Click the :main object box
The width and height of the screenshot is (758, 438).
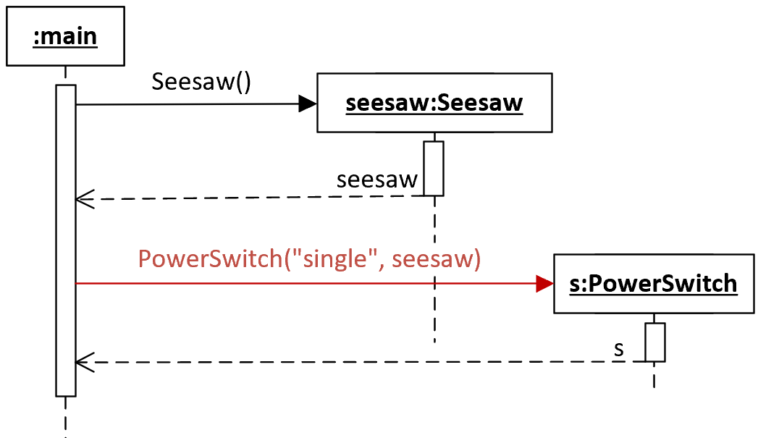65,36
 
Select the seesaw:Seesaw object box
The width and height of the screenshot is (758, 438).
434,103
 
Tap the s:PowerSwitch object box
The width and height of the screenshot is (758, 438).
654,284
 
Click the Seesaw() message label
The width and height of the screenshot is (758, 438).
201,81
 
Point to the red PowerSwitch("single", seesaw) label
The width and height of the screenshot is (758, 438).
309,258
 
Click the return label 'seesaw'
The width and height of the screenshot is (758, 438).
377,180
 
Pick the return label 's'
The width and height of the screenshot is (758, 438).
619,349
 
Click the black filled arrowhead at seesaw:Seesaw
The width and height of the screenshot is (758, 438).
308,104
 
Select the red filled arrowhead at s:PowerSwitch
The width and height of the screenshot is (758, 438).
545,284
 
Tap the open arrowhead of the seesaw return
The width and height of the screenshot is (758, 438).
85,198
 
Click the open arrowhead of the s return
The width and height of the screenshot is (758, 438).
85,362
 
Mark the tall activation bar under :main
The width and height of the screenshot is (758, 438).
66,241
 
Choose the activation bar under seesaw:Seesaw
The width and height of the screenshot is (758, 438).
434,169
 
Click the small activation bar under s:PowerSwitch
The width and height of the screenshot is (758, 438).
655,342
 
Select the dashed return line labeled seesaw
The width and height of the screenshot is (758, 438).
250,198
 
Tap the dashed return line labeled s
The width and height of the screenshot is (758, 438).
361,362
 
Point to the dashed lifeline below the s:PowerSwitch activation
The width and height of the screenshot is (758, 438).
654,375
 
